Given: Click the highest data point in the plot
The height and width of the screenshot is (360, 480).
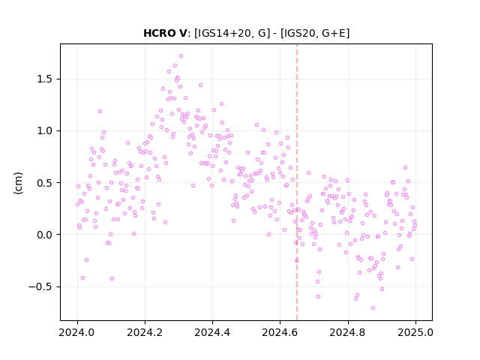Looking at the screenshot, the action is [x=181, y=56].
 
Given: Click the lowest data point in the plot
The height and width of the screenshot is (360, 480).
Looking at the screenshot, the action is [x=373, y=307].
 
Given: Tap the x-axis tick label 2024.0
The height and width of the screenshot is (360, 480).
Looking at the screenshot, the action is [x=77, y=332].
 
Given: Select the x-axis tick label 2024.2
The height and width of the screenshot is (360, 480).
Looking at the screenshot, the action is [x=145, y=332].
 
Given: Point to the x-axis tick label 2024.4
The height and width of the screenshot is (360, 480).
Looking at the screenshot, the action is [x=212, y=332].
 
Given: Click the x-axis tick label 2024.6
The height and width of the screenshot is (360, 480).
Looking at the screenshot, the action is [x=280, y=332].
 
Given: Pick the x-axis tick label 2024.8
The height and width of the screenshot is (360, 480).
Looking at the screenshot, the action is [x=347, y=332].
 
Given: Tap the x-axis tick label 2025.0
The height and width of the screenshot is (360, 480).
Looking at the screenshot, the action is [x=415, y=332].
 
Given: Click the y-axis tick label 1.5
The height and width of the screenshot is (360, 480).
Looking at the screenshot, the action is [x=45, y=79].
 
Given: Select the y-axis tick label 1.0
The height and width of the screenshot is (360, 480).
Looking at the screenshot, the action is [x=45, y=131].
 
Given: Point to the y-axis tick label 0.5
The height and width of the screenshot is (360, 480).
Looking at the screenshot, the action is [x=45, y=183].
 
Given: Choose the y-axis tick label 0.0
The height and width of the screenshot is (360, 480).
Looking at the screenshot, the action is [x=45, y=235].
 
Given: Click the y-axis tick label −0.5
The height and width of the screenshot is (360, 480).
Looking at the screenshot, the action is [x=40, y=286].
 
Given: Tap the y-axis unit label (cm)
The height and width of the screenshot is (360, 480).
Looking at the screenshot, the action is [x=18, y=183].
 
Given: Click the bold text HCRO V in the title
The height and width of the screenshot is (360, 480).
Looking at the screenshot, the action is [x=165, y=33].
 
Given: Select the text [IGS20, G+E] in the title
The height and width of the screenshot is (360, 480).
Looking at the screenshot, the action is [x=315, y=33].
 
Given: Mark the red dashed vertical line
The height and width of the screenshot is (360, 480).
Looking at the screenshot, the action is [x=297, y=182].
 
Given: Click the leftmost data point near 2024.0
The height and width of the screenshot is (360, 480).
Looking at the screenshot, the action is [x=77, y=204].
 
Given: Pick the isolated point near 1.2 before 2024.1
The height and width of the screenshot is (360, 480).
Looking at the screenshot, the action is [x=100, y=112].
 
